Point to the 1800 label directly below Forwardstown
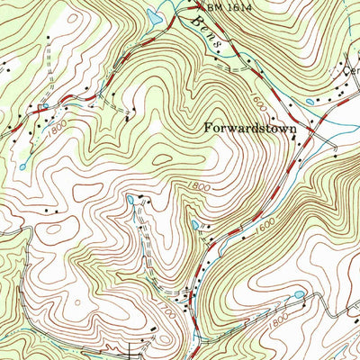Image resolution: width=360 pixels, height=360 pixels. [201, 185]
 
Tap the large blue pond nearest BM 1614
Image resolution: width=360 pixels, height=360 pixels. [154, 17]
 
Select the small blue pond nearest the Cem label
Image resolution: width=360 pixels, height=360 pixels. [310, 102]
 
